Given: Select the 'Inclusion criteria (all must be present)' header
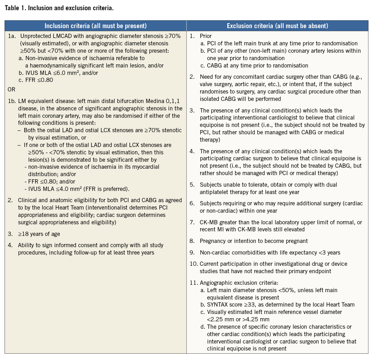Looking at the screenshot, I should point(95,26).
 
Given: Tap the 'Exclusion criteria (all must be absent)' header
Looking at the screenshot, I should point(277,26).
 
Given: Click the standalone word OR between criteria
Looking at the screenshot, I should point(11,90).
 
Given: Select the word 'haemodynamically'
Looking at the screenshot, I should point(51,65).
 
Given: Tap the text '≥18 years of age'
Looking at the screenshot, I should point(40,234).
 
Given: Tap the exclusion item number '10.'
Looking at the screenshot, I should point(194,264).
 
